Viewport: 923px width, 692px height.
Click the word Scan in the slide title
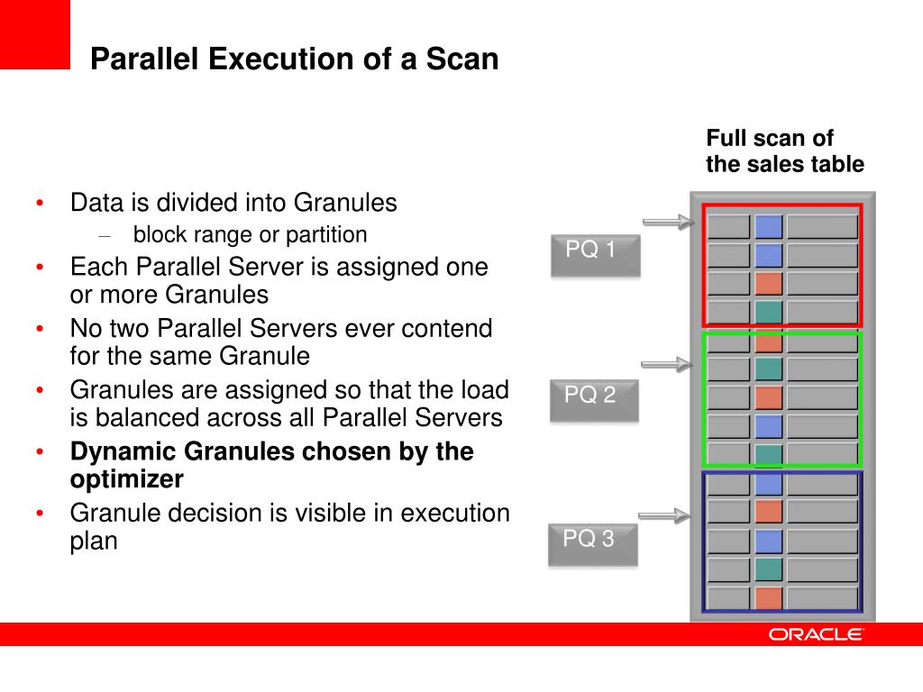click(x=461, y=59)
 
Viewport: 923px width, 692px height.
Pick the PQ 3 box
click(x=592, y=543)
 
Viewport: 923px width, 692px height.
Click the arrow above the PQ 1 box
click(x=667, y=222)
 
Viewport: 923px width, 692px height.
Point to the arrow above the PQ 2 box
click(x=667, y=364)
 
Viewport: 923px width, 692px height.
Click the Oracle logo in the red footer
click(x=816, y=634)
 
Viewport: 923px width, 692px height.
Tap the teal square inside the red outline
click(x=768, y=312)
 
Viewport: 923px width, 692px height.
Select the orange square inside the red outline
click(x=768, y=284)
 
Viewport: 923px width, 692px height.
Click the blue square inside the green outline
click(x=768, y=426)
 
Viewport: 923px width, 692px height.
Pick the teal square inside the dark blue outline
click(x=768, y=569)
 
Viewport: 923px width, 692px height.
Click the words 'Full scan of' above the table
click(x=770, y=139)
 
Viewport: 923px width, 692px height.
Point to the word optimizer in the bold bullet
click(x=126, y=478)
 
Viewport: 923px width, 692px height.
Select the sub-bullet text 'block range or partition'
click(x=250, y=235)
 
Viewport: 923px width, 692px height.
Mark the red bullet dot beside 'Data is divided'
click(x=40, y=204)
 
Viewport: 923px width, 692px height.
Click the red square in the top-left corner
click(x=34, y=34)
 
